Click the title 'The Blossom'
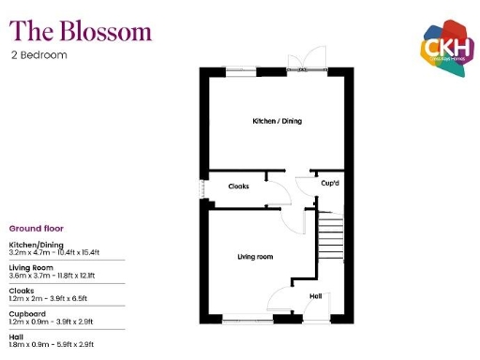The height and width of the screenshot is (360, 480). [x=81, y=31]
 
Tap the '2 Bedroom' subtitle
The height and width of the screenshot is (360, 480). [x=39, y=54]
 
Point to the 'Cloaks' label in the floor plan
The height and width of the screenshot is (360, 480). [x=239, y=187]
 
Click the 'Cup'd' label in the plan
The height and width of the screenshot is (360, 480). [x=330, y=184]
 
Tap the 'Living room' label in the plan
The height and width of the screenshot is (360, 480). [x=254, y=256]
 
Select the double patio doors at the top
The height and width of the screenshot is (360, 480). [x=307, y=63]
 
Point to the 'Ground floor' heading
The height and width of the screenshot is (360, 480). [x=37, y=228]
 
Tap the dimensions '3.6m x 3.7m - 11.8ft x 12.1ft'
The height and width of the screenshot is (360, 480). [x=54, y=276]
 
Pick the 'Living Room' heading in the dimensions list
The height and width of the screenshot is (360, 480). [x=30, y=267]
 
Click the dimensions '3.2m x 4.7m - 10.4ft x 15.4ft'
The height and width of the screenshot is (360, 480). [x=56, y=252]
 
